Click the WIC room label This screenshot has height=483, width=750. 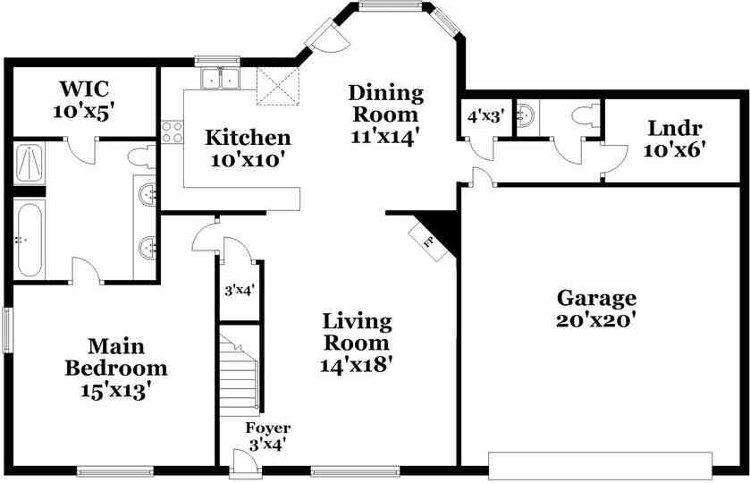coord(85,89)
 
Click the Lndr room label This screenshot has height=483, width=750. coord(675,127)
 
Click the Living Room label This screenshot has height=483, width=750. coord(357,332)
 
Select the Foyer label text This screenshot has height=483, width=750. coord(268,428)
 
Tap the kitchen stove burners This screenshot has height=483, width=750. coord(172,133)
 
